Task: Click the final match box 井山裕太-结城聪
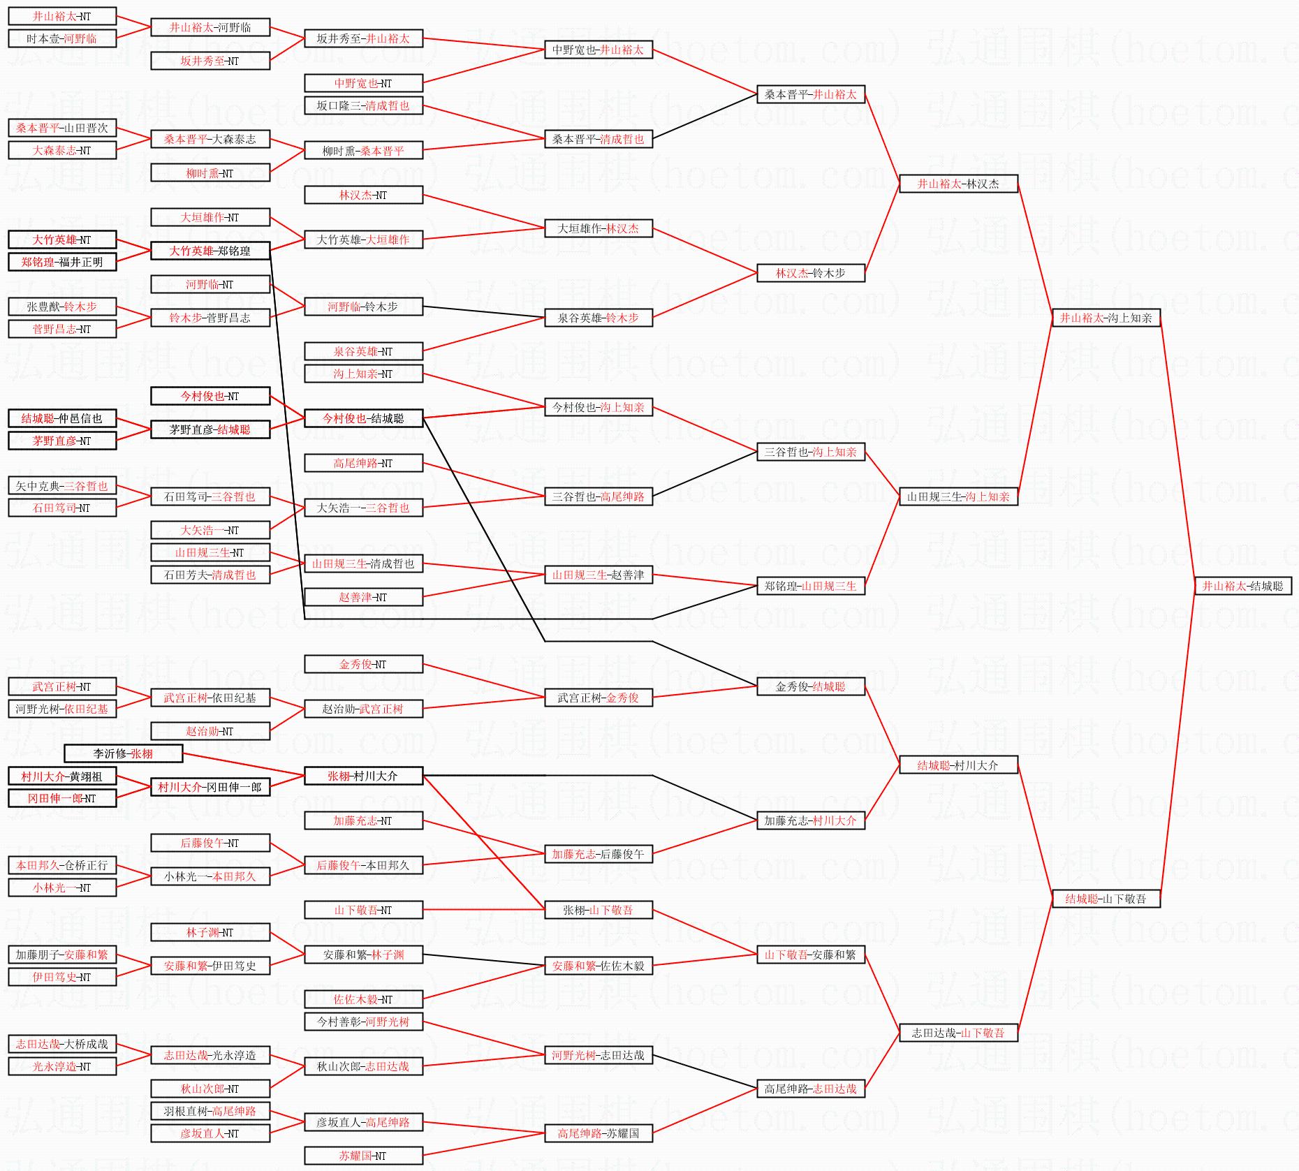pos(1242,586)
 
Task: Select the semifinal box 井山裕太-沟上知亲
pos(1106,318)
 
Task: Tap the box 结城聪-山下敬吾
pos(1106,899)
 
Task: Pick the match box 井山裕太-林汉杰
pos(958,184)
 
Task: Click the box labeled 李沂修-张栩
pos(123,753)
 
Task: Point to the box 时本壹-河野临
pos(62,38)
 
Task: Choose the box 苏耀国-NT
pos(363,1156)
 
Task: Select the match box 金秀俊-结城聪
pos(811,686)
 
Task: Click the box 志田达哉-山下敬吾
pos(958,1033)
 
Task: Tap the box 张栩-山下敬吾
pos(599,910)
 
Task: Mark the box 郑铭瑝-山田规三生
pos(811,586)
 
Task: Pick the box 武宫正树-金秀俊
pos(599,698)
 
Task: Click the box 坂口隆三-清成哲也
pos(363,105)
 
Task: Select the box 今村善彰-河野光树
pos(363,1022)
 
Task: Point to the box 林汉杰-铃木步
pos(811,273)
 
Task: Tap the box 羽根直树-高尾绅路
pos(210,1111)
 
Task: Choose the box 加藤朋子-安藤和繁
pos(62,955)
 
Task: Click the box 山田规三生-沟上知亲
pos(958,496)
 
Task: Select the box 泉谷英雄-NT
pos(363,351)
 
